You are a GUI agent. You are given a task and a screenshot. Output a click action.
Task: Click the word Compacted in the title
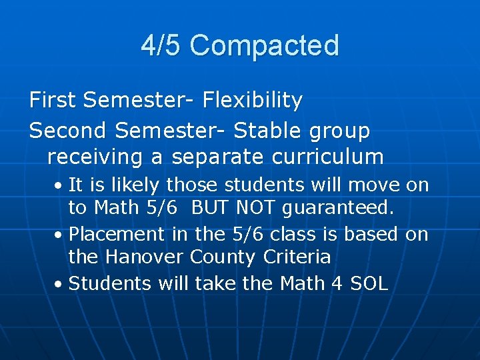tap(264, 46)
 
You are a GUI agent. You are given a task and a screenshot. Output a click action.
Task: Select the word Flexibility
tap(253, 101)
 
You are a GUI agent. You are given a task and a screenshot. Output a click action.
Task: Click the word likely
tap(135, 185)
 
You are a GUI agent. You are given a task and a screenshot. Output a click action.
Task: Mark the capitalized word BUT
tap(210, 208)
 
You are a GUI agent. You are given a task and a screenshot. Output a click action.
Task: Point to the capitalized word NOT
tap(256, 208)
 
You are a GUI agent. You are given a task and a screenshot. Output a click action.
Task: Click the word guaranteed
tap(338, 208)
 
